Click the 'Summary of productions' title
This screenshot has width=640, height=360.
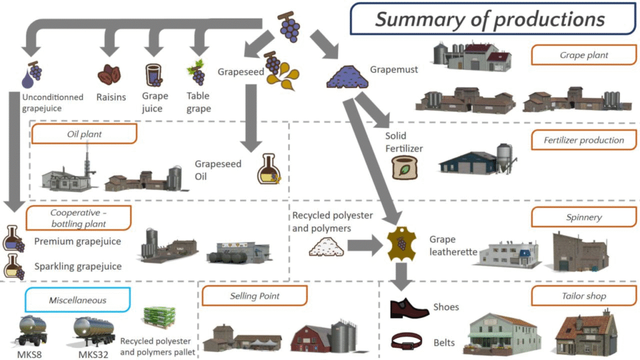point(490,19)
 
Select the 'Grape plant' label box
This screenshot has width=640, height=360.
point(584,55)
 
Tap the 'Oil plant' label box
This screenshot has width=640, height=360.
point(84,133)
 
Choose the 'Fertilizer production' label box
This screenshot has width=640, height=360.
point(584,140)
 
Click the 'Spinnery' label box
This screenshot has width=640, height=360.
point(584,217)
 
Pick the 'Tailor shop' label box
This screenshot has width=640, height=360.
point(584,296)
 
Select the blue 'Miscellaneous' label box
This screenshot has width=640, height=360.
point(77,300)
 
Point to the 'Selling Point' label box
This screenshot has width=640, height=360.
point(254,296)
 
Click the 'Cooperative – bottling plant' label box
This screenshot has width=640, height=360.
point(78,217)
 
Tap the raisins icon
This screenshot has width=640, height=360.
point(109,75)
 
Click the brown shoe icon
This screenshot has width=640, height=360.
point(409,307)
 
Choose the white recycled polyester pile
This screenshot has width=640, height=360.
point(326,247)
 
